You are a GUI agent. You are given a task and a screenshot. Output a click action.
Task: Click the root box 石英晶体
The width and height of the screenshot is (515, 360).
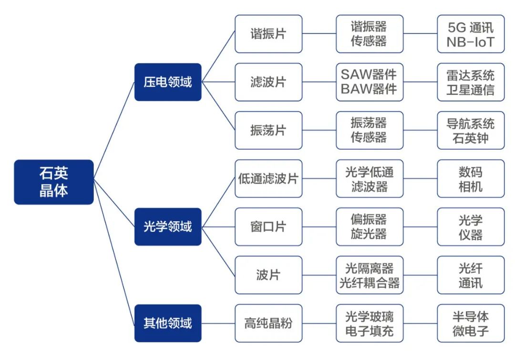click(x=53, y=182)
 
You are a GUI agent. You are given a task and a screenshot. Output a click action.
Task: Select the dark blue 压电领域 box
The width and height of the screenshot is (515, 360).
click(x=168, y=82)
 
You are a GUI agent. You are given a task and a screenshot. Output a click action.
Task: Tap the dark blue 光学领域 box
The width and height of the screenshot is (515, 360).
click(x=168, y=226)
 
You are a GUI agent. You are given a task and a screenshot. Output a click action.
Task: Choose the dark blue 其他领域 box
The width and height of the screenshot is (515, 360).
click(x=168, y=323)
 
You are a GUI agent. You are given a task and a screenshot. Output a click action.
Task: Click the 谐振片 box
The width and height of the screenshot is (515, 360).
click(x=268, y=34)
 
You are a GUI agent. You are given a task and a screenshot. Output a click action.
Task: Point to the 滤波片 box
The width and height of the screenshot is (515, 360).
click(x=268, y=82)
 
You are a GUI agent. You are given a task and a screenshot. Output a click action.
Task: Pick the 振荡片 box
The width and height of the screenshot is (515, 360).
click(x=268, y=130)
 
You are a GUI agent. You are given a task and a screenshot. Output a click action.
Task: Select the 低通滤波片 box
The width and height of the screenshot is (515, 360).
click(x=268, y=178)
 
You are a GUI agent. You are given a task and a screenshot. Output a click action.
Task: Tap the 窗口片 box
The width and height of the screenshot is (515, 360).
click(x=268, y=226)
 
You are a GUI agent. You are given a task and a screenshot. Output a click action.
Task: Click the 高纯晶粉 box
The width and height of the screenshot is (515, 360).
click(x=268, y=323)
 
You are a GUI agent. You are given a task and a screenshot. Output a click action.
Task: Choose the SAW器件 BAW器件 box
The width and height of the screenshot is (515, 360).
click(x=370, y=82)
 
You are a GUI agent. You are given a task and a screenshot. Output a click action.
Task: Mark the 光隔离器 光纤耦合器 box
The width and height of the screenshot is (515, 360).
click(x=370, y=275)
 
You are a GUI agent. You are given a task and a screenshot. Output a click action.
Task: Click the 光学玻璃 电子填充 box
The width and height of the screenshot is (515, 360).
click(x=370, y=323)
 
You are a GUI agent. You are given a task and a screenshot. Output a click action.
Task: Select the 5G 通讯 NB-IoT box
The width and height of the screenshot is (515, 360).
click(x=471, y=34)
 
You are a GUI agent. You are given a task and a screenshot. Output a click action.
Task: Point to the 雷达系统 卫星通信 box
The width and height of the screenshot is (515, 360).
click(x=471, y=82)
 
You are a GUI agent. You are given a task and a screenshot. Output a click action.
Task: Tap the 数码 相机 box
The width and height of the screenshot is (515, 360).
click(x=471, y=178)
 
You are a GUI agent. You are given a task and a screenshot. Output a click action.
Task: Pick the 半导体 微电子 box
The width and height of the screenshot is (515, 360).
click(x=471, y=323)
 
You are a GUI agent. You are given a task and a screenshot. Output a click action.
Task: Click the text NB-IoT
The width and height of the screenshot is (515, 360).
click(x=471, y=42)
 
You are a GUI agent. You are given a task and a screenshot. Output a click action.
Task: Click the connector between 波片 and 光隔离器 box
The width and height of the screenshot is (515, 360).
click(x=319, y=275)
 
